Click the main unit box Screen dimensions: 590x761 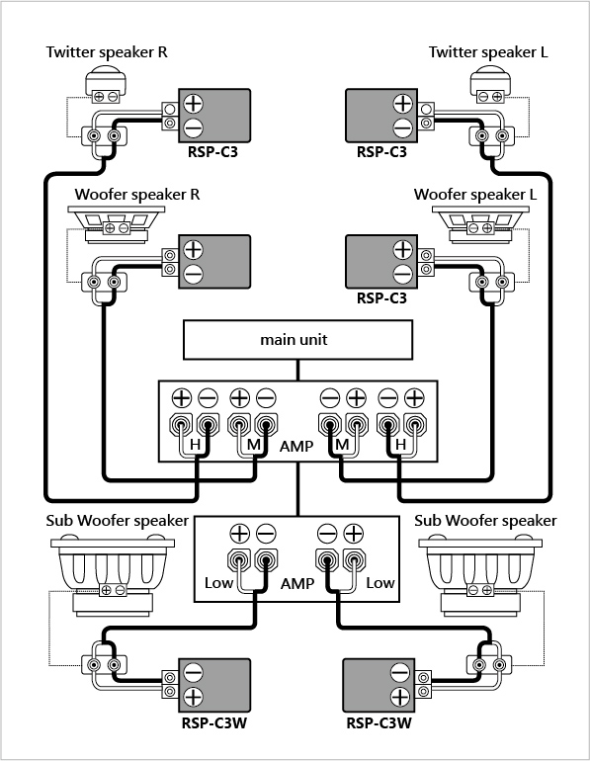click(297, 340)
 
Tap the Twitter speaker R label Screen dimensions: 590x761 click(107, 52)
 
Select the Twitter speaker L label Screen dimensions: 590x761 click(488, 52)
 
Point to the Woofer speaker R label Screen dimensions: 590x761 click(137, 195)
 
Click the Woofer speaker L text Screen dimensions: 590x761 click(475, 195)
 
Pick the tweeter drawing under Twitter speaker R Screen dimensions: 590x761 click(106, 86)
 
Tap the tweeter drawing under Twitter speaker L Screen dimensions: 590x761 click(490, 86)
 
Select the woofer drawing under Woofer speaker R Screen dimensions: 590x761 click(116, 224)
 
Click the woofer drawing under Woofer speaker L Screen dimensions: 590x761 click(480, 224)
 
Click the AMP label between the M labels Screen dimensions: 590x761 click(296, 446)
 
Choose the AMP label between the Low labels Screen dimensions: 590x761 click(297, 583)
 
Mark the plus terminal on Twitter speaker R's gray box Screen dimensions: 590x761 click(193, 104)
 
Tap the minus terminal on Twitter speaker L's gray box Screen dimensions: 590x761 click(402, 128)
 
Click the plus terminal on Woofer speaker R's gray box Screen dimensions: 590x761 click(193, 249)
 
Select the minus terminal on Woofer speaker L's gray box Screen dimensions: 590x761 click(402, 274)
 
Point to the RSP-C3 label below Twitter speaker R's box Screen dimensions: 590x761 click(213, 152)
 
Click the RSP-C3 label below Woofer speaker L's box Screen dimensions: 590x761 click(381, 297)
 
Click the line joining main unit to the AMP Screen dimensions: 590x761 click(297, 371)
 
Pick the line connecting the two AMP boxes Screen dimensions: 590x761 click(297, 489)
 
